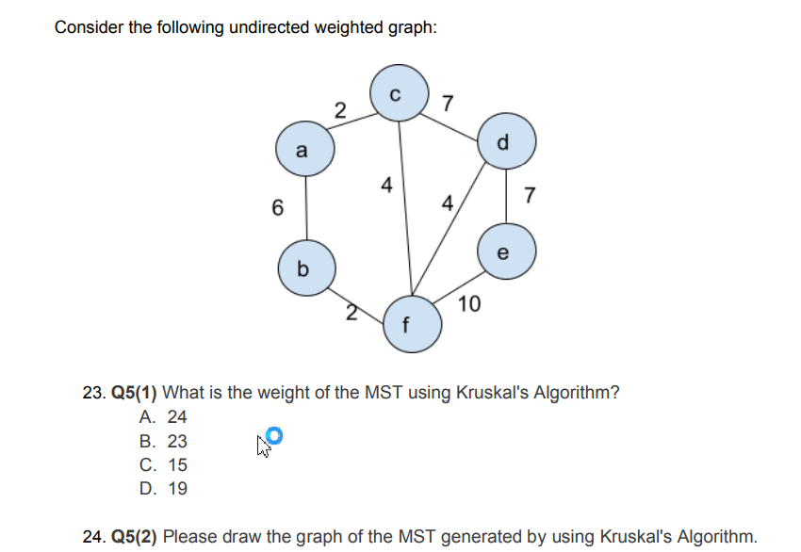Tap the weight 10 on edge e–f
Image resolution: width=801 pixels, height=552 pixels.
pos(469,303)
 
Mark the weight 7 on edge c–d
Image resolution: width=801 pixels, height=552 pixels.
pos(448,102)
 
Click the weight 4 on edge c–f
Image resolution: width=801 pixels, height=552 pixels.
pos(385,186)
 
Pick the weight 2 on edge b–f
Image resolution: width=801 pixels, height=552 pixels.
pos(351,313)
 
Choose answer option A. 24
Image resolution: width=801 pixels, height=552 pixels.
pos(163,417)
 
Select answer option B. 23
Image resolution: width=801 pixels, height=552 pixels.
pos(163,441)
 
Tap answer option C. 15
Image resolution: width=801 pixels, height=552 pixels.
pos(163,465)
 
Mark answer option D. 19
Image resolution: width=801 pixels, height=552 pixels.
pos(163,489)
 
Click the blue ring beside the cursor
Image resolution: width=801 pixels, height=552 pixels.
pos(274,434)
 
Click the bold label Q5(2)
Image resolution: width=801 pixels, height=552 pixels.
pos(135,536)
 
